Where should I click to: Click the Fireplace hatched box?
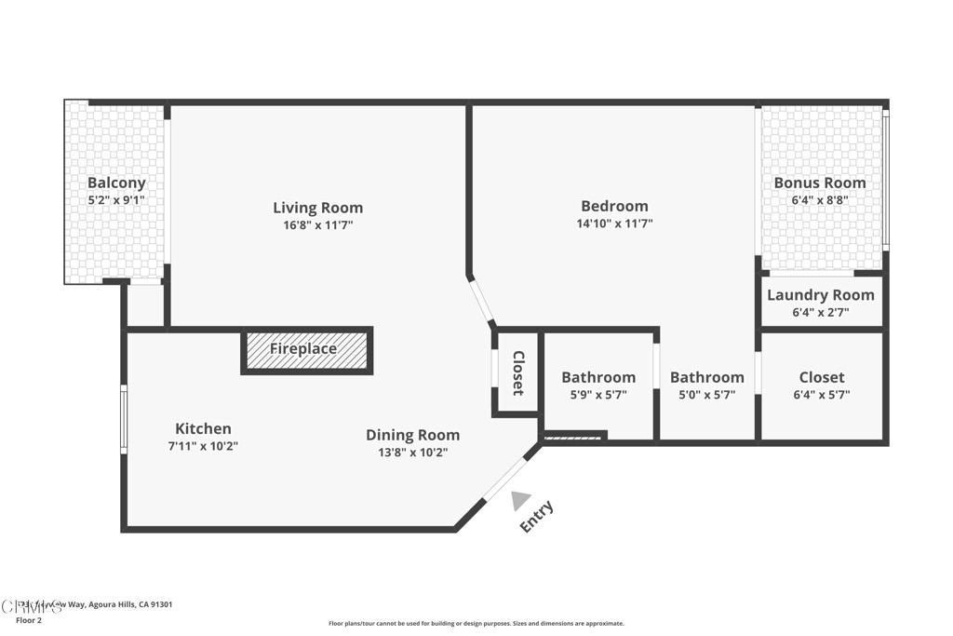tap(306, 349)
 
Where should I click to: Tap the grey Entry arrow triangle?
tap(520, 500)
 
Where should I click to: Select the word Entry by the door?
tap(537, 517)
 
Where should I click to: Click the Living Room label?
tap(317, 208)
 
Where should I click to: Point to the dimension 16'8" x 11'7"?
tap(317, 225)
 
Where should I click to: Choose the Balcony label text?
tap(116, 183)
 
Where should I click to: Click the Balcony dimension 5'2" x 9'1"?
tap(116, 200)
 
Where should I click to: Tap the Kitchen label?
tap(203, 428)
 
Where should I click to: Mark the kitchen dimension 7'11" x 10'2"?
tap(203, 446)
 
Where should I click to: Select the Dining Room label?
tap(412, 435)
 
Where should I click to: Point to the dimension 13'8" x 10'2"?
tap(412, 453)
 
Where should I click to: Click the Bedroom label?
tap(614, 206)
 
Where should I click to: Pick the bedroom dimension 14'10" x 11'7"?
tap(614, 223)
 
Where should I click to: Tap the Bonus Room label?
tap(820, 183)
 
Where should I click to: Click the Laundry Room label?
tap(820, 295)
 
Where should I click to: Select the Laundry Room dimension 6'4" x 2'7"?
tap(820, 313)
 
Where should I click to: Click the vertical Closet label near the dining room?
tap(518, 372)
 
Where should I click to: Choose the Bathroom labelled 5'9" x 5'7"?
tap(598, 377)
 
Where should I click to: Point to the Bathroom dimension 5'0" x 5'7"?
tap(706, 395)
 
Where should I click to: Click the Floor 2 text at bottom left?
tap(29, 620)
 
